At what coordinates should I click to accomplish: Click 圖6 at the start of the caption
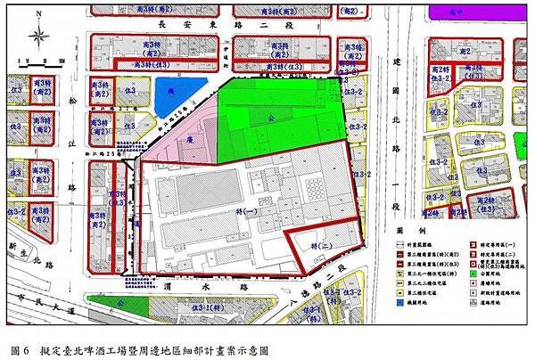[x=20, y=349]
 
